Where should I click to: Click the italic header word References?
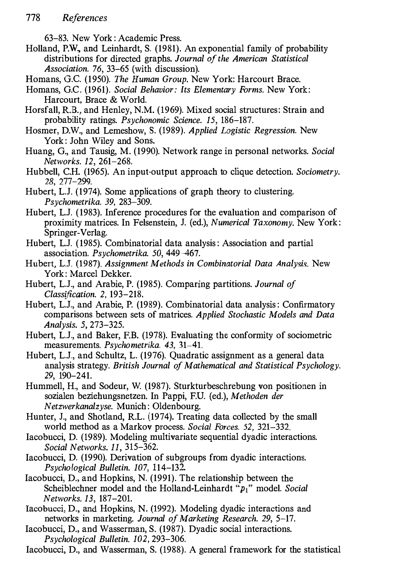[x=85, y=18]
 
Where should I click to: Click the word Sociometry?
[x=318, y=172]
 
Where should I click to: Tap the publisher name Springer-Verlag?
[x=75, y=233]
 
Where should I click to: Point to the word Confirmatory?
[x=309, y=305]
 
